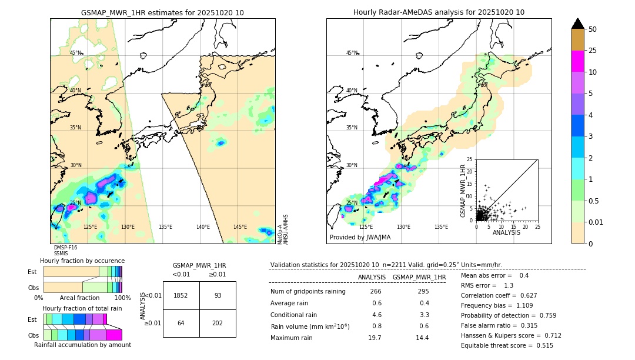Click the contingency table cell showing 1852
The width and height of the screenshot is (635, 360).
[181, 295]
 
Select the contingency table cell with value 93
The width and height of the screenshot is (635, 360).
[218, 295]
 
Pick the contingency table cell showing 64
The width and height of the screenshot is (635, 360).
[181, 323]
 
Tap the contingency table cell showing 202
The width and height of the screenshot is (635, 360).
[218, 323]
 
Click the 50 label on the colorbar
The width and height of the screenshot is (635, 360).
[593, 29]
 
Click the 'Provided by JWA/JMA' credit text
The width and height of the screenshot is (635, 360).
[360, 238]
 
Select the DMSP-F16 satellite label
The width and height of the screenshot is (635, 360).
[65, 248]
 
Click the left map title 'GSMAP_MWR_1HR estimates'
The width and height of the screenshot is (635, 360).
[162, 12]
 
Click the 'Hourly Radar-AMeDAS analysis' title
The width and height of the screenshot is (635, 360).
[439, 12]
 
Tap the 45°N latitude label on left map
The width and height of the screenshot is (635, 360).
[75, 53]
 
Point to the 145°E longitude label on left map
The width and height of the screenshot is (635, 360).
[240, 227]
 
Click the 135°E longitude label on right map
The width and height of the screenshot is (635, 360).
[441, 227]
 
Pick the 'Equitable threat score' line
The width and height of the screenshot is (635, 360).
[507, 345]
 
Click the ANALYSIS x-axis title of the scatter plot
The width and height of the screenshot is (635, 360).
[506, 232]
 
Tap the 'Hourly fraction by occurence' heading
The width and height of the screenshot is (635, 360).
[82, 261]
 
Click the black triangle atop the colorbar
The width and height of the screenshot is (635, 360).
[578, 24]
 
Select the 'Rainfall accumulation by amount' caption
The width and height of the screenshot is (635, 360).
[82, 345]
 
